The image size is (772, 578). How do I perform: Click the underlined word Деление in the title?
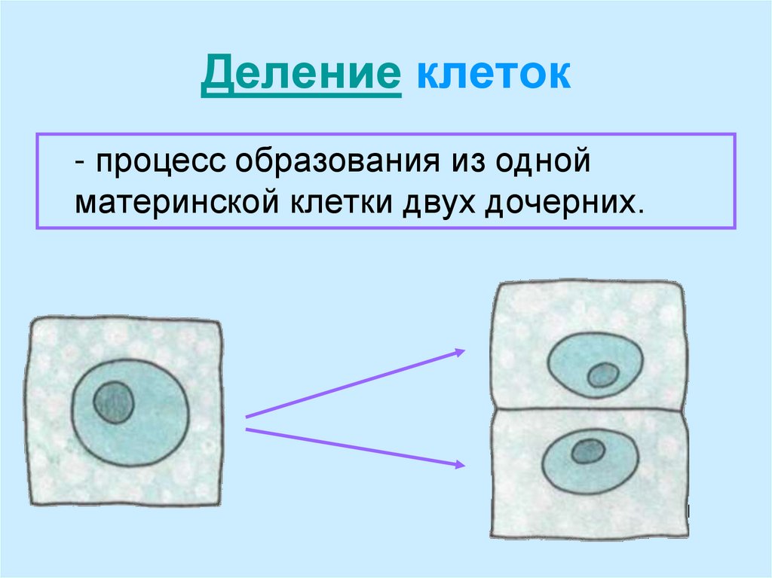[300, 77]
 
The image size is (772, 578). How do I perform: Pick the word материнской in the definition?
[175, 203]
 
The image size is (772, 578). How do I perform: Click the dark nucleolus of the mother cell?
[114, 402]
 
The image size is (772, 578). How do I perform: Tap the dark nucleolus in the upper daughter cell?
[602, 375]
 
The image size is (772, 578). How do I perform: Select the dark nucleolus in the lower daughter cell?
[587, 451]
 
